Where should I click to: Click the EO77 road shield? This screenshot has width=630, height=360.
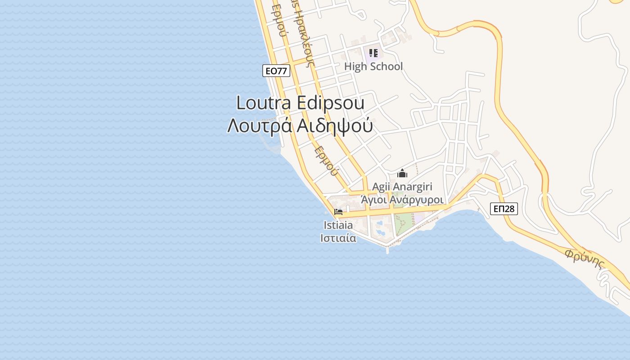pos(276,71)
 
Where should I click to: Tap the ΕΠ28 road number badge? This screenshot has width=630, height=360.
pos(504,208)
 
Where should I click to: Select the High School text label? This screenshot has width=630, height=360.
pos(373,67)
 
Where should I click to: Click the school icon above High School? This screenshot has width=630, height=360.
pos(373,54)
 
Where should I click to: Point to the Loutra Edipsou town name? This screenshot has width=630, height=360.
pos(300,103)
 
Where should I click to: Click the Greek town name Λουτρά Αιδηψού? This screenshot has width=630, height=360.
pos(300,126)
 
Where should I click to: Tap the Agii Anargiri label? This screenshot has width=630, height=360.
pos(402,187)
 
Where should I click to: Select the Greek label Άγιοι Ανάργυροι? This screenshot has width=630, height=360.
pos(403,199)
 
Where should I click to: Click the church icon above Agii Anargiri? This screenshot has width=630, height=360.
pos(402,173)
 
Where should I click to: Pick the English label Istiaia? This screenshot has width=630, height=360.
pos(338,225)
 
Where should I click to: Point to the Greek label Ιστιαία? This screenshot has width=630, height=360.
pos(338,238)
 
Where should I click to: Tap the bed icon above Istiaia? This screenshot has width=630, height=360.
pos(338,212)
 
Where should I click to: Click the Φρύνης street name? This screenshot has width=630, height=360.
pos(584,258)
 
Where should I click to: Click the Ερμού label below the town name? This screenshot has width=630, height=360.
pos(326,161)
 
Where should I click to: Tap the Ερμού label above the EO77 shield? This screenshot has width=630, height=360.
pos(279,20)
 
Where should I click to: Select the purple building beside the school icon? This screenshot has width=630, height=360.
pos(373,55)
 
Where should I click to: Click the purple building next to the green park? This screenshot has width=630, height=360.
pos(419,218)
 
